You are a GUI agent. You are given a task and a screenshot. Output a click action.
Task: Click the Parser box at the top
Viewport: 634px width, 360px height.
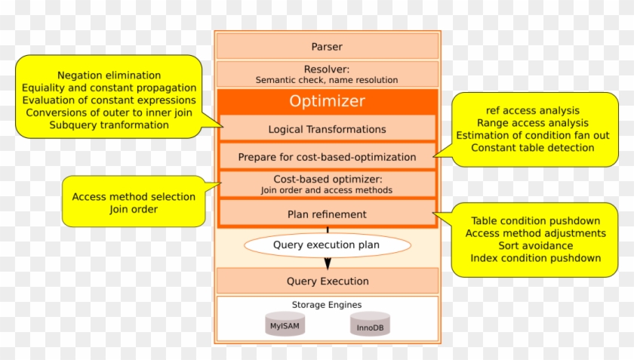pyautogui.click(x=327, y=47)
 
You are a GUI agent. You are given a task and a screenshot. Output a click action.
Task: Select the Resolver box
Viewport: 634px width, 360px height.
pyautogui.click(x=327, y=74)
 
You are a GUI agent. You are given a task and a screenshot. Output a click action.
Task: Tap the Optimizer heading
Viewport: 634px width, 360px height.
pyautogui.click(x=327, y=101)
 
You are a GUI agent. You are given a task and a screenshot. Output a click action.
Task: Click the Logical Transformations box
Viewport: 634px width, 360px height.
pyautogui.click(x=327, y=129)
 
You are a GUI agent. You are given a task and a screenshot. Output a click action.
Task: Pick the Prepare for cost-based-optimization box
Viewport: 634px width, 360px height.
pyautogui.click(x=327, y=157)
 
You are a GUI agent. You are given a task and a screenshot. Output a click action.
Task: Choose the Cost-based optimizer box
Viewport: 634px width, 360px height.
pyautogui.click(x=327, y=184)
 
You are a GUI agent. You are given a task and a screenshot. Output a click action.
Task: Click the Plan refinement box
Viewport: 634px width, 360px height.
pyautogui.click(x=327, y=214)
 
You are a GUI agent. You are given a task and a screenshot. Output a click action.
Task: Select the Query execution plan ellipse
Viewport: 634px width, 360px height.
pyautogui.click(x=327, y=245)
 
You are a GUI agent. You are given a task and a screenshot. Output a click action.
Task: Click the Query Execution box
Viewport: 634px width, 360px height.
pyautogui.click(x=327, y=282)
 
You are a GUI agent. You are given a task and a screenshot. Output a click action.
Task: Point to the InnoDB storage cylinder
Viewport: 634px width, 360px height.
pyautogui.click(x=370, y=326)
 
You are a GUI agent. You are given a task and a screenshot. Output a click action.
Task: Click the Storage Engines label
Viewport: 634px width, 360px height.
pyautogui.click(x=327, y=305)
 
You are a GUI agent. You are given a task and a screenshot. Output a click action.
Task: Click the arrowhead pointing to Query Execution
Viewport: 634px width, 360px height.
pyautogui.click(x=328, y=263)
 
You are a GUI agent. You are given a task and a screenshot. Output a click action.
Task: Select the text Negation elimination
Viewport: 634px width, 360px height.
pyautogui.click(x=109, y=75)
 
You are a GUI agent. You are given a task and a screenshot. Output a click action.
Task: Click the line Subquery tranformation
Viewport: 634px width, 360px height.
pyautogui.click(x=109, y=125)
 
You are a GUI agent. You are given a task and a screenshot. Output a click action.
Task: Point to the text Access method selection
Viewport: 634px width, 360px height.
pyautogui.click(x=134, y=197)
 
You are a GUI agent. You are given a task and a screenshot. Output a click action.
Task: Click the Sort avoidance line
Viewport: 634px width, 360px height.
pyautogui.click(x=535, y=246)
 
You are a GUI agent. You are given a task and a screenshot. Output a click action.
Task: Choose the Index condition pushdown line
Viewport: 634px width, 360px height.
pyautogui.click(x=535, y=258)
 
